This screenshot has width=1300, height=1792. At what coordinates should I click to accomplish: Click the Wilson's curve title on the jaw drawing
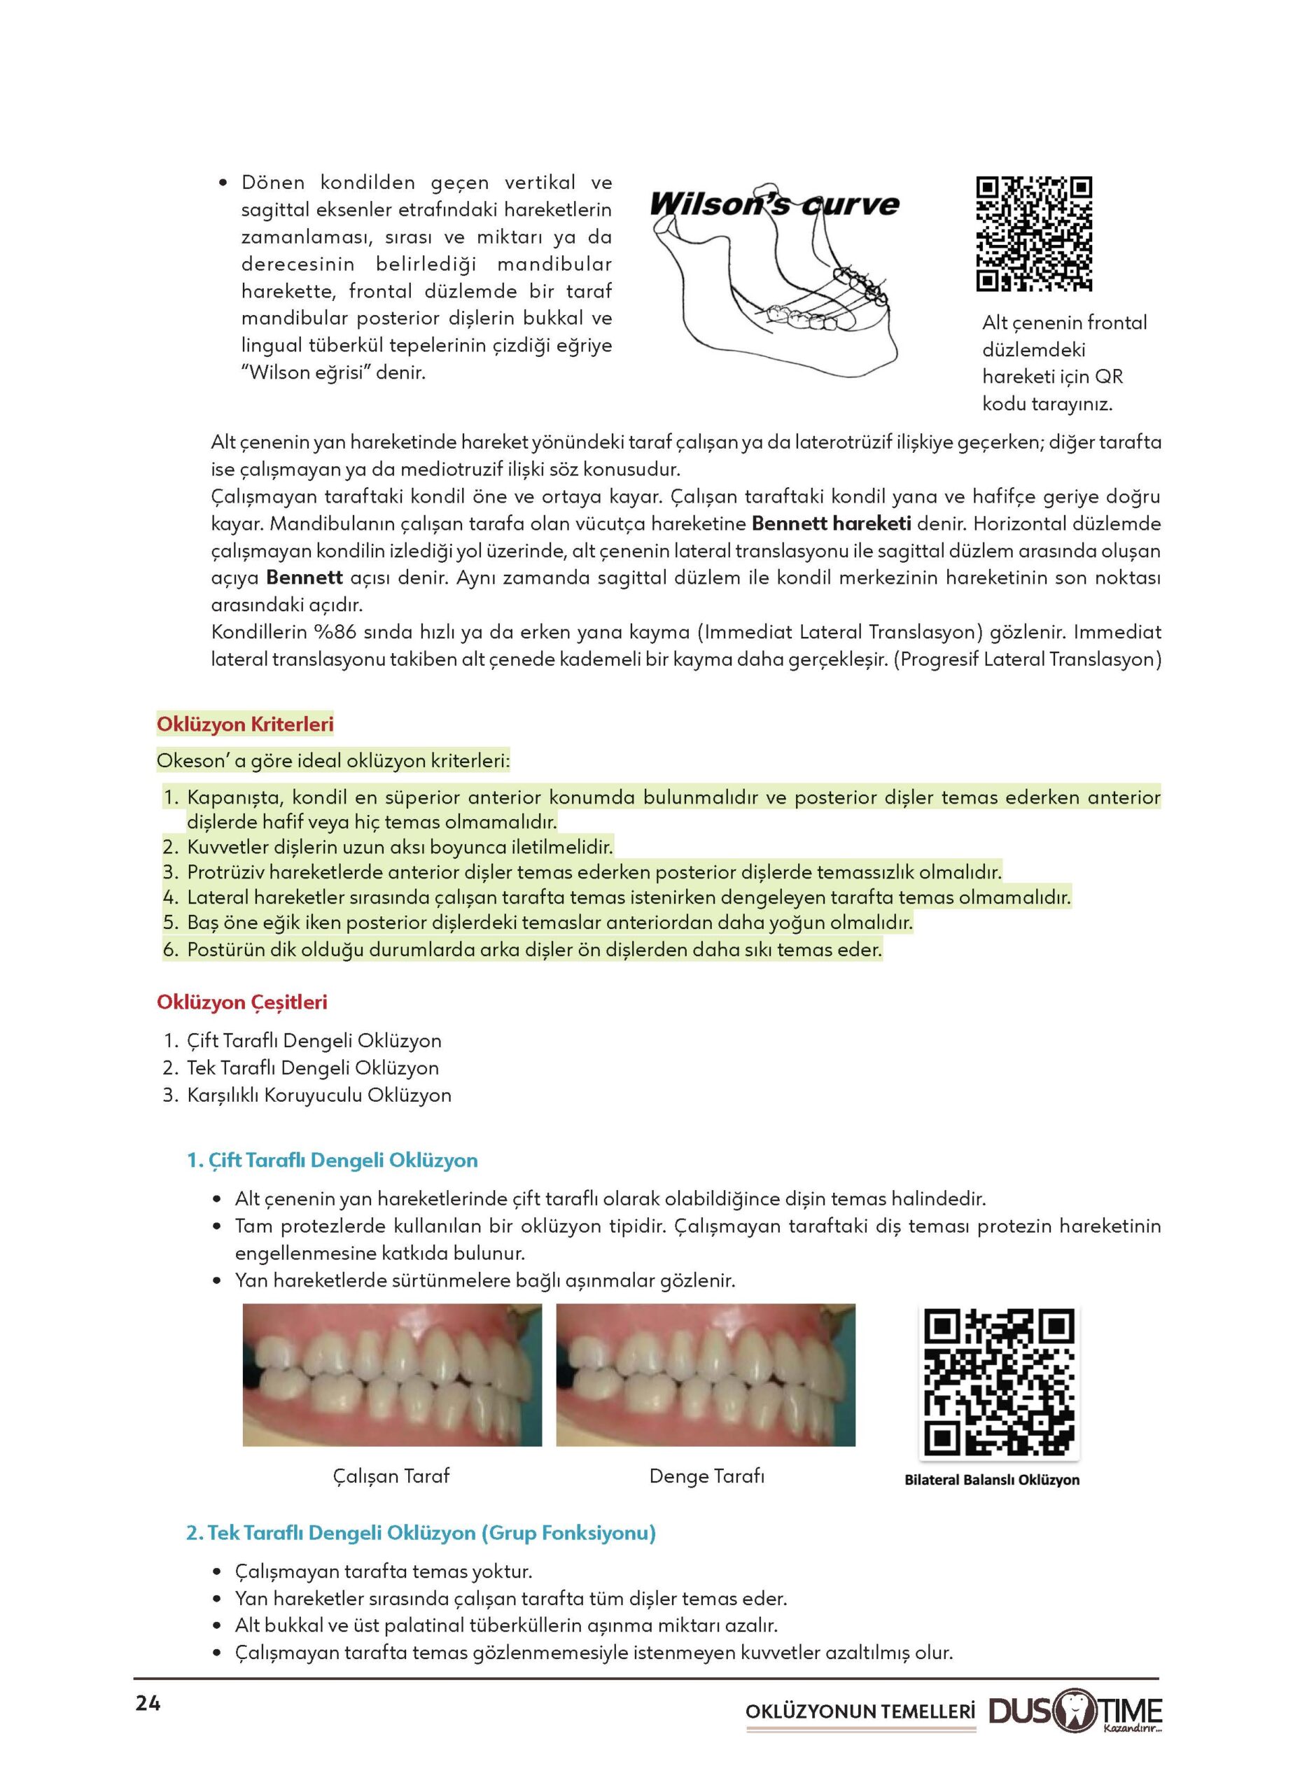[774, 204]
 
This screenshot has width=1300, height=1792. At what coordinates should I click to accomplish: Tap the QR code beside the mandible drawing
[1034, 234]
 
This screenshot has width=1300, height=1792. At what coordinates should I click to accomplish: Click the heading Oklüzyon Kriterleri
[245, 724]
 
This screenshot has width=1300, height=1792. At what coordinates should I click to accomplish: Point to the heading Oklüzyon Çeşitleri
[242, 1002]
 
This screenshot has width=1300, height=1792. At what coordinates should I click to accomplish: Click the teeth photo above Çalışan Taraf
[392, 1375]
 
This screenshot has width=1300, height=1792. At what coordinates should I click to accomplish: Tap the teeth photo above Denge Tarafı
[706, 1375]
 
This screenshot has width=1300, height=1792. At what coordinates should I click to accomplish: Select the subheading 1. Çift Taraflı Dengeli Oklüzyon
[333, 1161]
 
